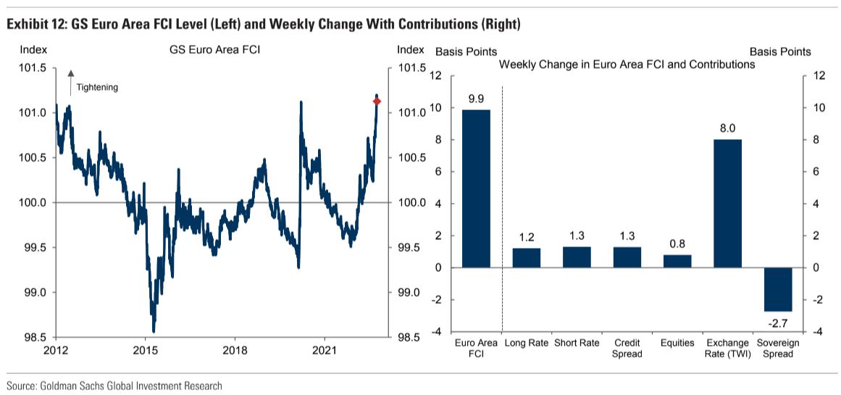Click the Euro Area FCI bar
click(476, 188)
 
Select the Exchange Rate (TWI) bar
click(727, 203)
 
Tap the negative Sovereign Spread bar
click(778, 289)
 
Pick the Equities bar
click(677, 261)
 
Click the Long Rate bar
click(527, 258)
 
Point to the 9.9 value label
click(476, 99)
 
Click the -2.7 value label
click(778, 320)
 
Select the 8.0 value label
click(727, 128)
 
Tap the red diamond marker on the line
click(377, 101)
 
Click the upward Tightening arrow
click(71, 82)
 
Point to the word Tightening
click(97, 87)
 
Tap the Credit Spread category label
click(627, 348)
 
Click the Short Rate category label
click(577, 343)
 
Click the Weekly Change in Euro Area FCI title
click(627, 65)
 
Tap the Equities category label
click(677, 343)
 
